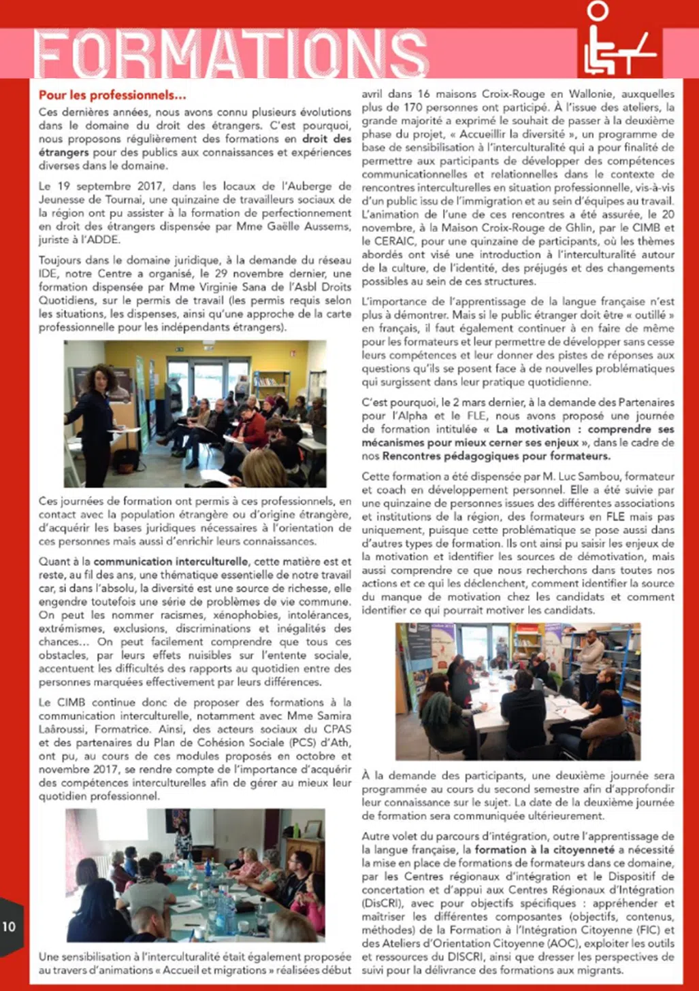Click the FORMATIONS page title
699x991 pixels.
point(232,53)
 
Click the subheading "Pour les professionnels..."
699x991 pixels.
point(112,95)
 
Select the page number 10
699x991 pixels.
point(9,926)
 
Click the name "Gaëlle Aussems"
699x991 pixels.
point(314,226)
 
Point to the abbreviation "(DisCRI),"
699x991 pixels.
point(383,903)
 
